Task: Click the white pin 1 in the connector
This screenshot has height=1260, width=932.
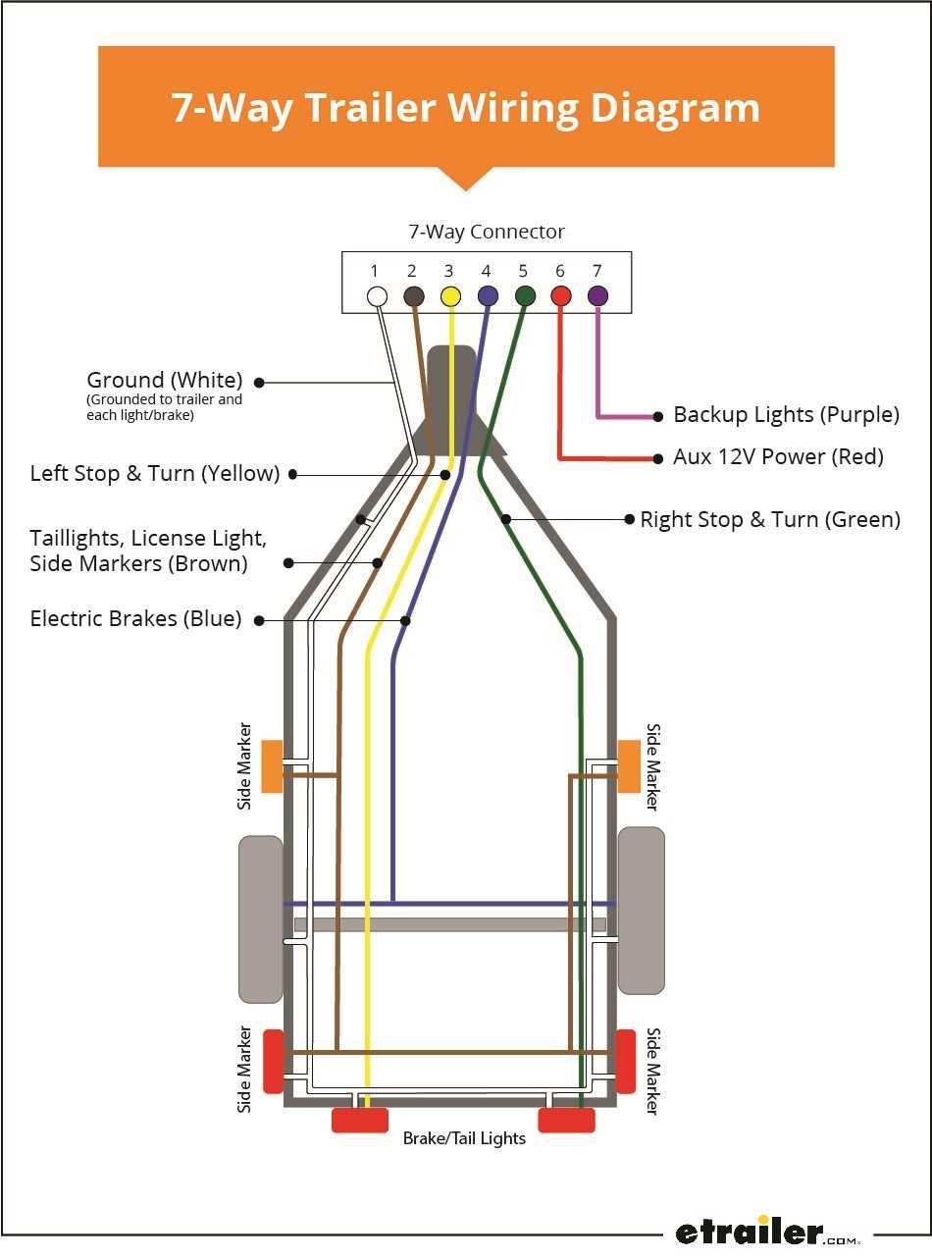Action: [x=376, y=295]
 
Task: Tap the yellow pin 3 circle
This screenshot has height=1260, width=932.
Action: [x=450, y=295]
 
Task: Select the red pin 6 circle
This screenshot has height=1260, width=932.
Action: [x=561, y=295]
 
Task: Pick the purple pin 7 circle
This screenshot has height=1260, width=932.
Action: [x=597, y=295]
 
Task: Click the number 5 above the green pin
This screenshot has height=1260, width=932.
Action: [x=523, y=271]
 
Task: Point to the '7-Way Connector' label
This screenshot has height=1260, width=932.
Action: [x=487, y=233]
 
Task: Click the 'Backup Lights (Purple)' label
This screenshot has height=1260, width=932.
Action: [x=786, y=414]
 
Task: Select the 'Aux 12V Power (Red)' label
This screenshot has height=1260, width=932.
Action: [x=778, y=456]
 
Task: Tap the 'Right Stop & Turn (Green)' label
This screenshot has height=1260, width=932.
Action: [x=770, y=519]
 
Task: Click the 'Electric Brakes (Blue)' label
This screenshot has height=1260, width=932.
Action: [x=135, y=618]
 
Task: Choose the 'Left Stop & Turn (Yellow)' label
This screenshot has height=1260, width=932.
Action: [x=155, y=473]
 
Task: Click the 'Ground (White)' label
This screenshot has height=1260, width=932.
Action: [x=164, y=380]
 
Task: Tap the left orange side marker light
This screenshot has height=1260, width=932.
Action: [x=272, y=766]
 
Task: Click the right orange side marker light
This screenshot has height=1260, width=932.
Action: [x=629, y=765]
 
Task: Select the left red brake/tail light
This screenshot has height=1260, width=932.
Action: [x=360, y=1120]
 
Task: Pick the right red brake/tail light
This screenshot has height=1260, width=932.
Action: [x=566, y=1120]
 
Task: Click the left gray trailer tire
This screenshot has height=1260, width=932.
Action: [x=261, y=919]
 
